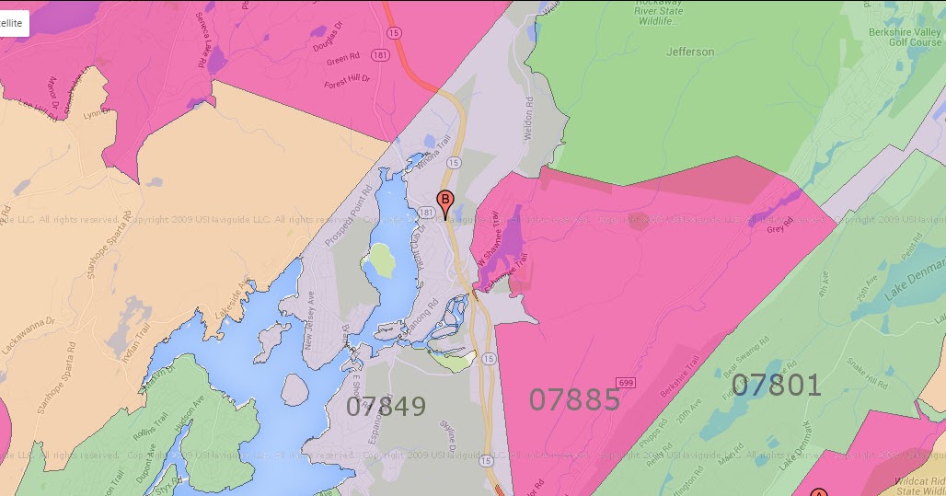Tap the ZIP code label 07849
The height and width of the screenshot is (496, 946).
point(386,406)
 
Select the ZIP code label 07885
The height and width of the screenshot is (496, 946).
point(574,398)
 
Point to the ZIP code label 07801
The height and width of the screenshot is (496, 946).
point(777,385)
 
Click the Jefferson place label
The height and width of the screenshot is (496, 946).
point(690,52)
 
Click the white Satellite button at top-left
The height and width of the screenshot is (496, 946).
point(13,23)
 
